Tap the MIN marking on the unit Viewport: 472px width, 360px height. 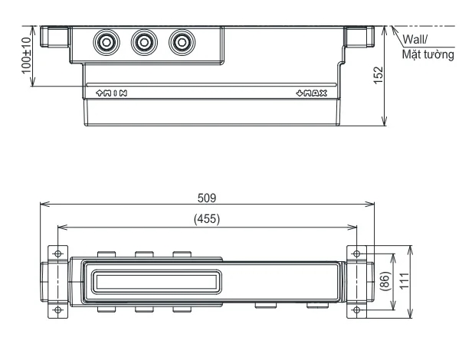click(111, 93)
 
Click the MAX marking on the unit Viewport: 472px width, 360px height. click(312, 93)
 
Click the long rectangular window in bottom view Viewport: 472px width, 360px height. click(153, 281)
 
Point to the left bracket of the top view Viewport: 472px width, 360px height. click(55, 37)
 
